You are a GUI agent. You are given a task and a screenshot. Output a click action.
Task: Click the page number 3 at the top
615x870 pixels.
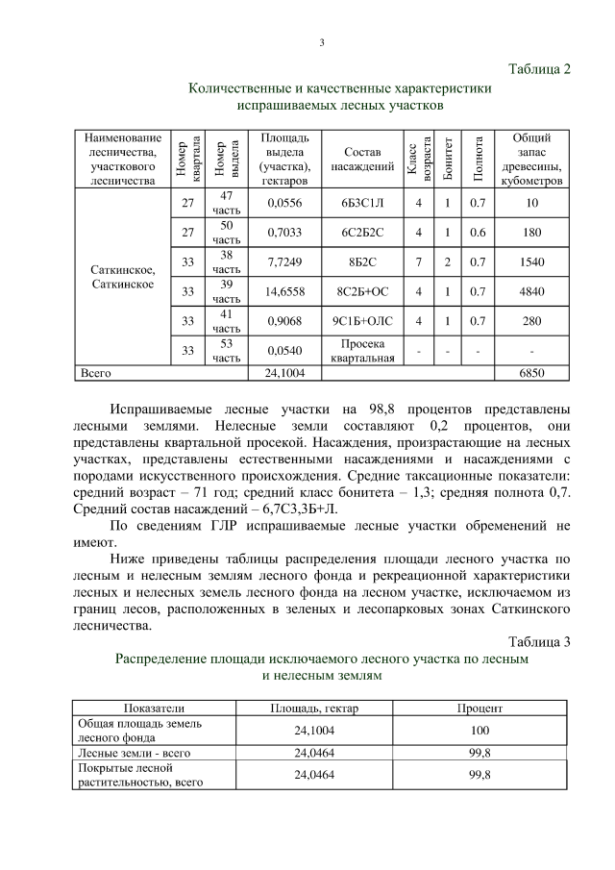click(x=321, y=41)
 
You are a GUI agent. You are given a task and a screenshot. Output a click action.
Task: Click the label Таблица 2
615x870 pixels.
click(x=538, y=69)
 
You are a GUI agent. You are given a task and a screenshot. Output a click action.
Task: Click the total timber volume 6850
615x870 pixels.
click(x=531, y=371)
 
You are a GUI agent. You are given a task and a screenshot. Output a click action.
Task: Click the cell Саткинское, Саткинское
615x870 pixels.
click(x=121, y=277)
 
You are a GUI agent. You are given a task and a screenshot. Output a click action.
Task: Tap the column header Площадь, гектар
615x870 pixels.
click(x=307, y=707)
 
